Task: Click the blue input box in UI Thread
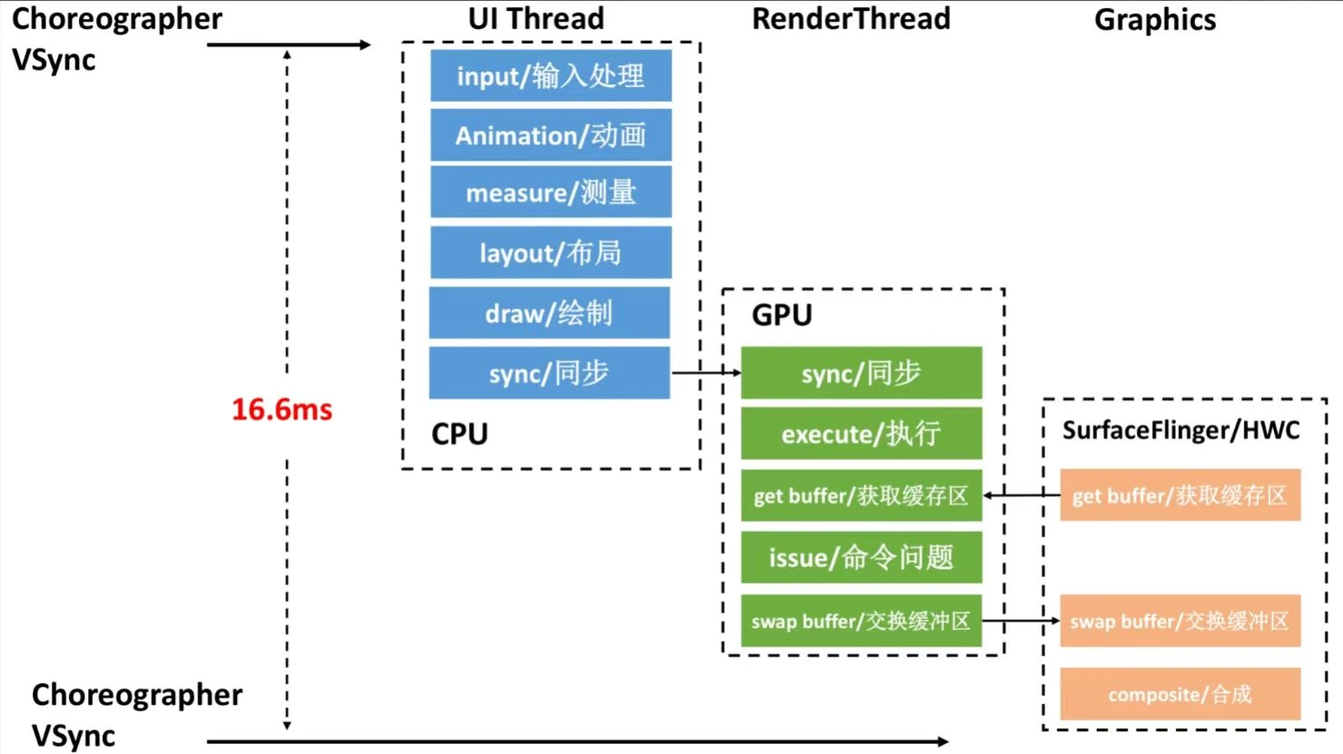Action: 551,75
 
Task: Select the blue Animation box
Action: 551,135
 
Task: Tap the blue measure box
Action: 551,192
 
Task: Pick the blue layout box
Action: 551,252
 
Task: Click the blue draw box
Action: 549,313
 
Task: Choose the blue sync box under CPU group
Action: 549,373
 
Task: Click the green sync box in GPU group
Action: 861,373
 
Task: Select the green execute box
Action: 861,434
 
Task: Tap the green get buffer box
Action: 861,495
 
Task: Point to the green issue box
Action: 861,557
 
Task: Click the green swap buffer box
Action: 861,621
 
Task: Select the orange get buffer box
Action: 1180,495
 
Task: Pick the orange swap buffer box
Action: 1180,621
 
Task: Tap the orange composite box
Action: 1180,694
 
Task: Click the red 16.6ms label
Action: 281,409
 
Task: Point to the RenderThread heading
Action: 851,19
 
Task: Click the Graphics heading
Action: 1154,20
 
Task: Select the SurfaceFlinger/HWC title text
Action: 1181,430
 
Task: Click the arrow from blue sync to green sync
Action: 706,372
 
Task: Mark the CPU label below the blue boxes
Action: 459,434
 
